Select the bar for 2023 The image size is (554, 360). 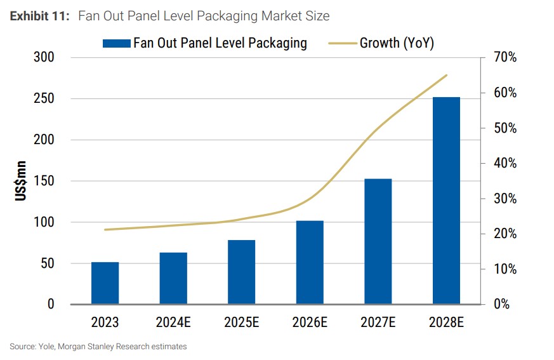point(105,283)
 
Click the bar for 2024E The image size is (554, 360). point(173,279)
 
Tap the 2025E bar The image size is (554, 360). point(241,272)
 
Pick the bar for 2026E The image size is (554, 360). point(310,262)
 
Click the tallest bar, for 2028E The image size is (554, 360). point(446,201)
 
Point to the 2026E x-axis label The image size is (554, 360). point(310,322)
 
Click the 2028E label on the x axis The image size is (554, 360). point(446,322)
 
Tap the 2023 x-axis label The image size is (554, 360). point(105,322)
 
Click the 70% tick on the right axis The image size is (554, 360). point(505,58)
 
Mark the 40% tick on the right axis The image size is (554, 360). point(505,163)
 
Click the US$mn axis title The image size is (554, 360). point(21,181)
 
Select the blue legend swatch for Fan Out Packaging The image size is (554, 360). point(116,43)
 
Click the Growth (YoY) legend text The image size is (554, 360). point(397,43)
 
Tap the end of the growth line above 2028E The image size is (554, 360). point(447,75)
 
